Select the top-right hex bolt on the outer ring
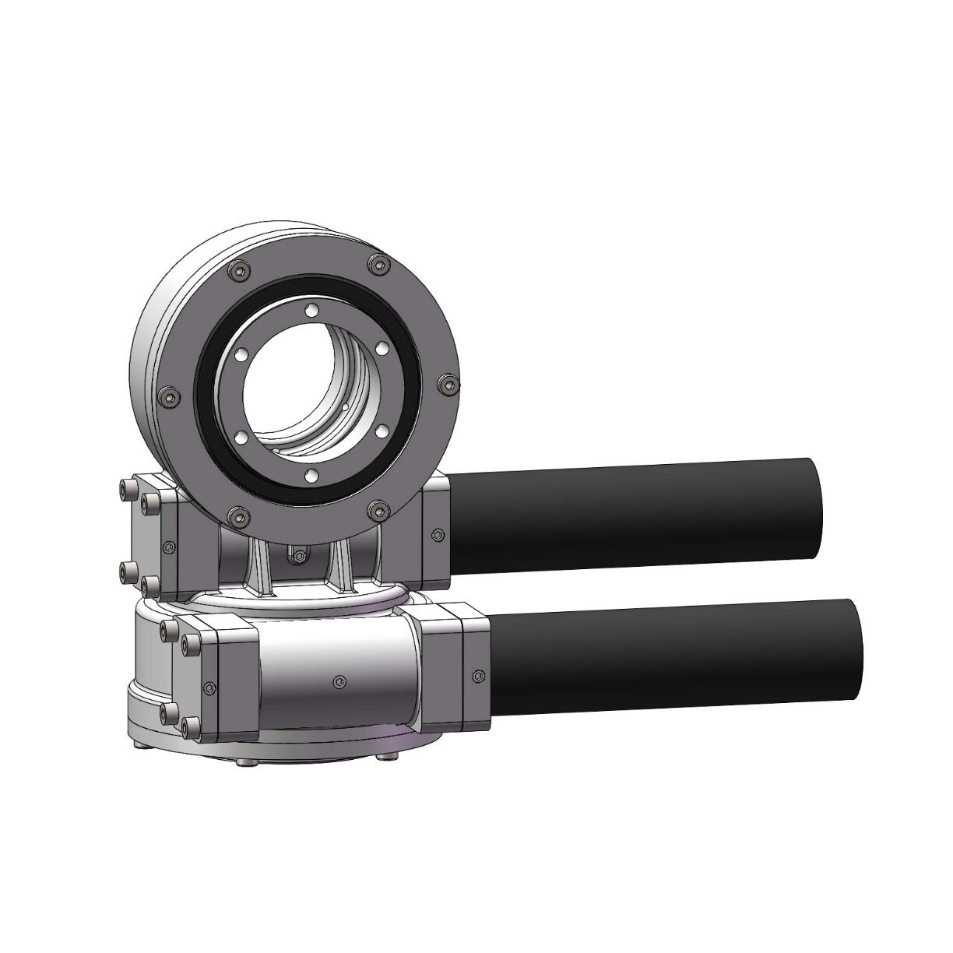pyautogui.click(x=379, y=266)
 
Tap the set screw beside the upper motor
pyautogui.click(x=438, y=534)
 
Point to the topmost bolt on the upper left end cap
pyautogui.click(x=125, y=487)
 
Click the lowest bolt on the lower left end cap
pyautogui.click(x=186, y=726)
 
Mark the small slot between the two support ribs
pyautogui.click(x=296, y=556)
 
